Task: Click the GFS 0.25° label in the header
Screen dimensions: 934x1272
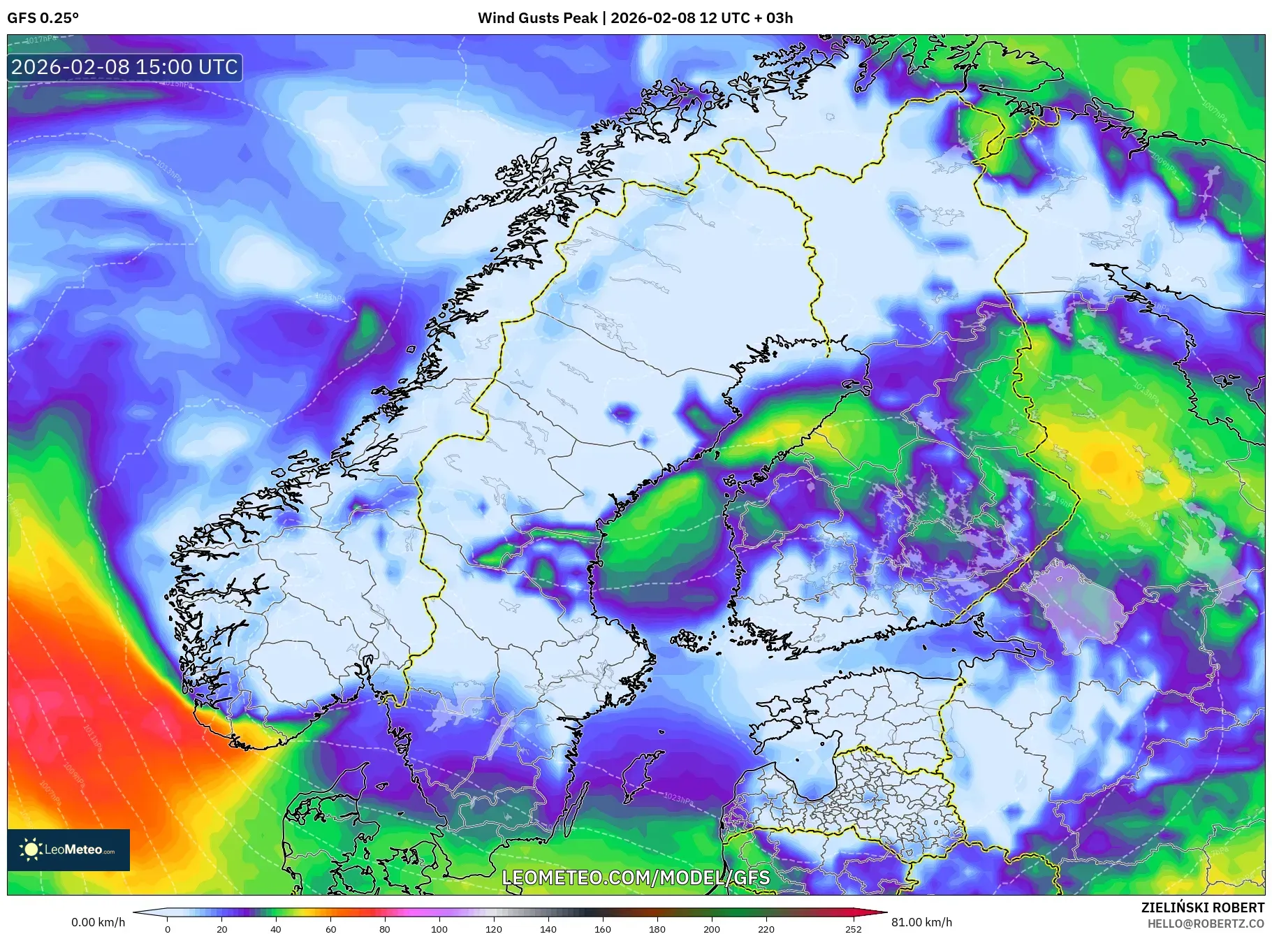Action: (x=43, y=18)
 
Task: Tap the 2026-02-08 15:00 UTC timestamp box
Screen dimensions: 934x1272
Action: (x=125, y=67)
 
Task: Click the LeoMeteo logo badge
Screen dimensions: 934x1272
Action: (x=68, y=849)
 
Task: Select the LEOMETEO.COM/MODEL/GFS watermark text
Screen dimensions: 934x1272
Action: (x=636, y=877)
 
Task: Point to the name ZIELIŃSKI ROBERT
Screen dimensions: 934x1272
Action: (x=1202, y=907)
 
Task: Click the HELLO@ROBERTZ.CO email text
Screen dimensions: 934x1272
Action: (x=1206, y=924)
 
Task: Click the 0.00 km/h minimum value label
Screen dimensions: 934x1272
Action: (x=98, y=922)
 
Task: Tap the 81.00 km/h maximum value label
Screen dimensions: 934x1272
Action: (x=921, y=922)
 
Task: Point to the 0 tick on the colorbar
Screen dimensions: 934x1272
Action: (x=168, y=929)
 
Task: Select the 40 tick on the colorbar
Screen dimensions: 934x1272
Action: (x=276, y=929)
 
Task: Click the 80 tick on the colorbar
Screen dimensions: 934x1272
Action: (x=385, y=929)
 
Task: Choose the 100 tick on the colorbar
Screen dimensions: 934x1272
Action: (x=439, y=929)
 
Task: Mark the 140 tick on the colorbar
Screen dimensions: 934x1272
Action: (x=548, y=929)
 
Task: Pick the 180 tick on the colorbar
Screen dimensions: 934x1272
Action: (x=657, y=929)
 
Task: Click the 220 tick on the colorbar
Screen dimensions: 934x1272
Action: (x=766, y=929)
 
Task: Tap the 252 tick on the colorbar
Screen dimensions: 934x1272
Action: (x=854, y=929)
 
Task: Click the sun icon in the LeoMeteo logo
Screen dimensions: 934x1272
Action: (x=31, y=849)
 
